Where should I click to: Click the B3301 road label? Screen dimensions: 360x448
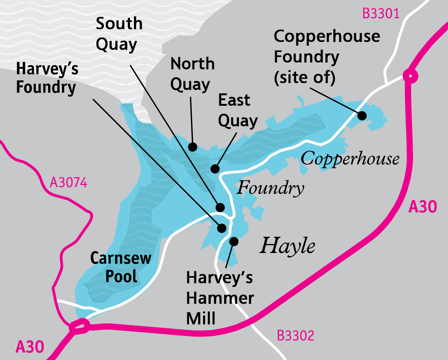pyautogui.click(x=381, y=13)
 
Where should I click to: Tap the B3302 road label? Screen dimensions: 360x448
pyautogui.click(x=295, y=336)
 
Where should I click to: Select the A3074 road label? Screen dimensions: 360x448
pyautogui.click(x=69, y=183)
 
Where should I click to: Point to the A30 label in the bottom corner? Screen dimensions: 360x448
pyautogui.click(x=30, y=347)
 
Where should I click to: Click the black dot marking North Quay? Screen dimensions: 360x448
pyautogui.click(x=193, y=147)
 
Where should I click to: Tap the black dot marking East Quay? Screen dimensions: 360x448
pyautogui.click(x=215, y=169)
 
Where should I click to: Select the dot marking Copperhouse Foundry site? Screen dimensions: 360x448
pyautogui.click(x=362, y=116)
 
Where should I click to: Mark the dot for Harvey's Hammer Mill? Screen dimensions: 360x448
pyautogui.click(x=234, y=241)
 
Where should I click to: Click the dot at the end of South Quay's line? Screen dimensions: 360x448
pyautogui.click(x=220, y=207)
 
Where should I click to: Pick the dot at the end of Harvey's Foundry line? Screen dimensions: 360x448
pyautogui.click(x=222, y=228)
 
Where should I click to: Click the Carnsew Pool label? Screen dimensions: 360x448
pyautogui.click(x=121, y=267)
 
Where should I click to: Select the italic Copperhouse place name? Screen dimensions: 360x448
pyautogui.click(x=350, y=159)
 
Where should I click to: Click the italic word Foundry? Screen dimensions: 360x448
pyautogui.click(x=270, y=188)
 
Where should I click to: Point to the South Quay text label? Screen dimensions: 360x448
pyautogui.click(x=119, y=34)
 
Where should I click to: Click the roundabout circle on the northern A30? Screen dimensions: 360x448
pyautogui.click(x=410, y=76)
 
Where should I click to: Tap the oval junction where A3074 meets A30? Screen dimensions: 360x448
pyautogui.click(x=79, y=327)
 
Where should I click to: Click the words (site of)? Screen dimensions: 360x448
pyautogui.click(x=305, y=78)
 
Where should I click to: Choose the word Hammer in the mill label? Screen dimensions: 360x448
pyautogui.click(x=220, y=298)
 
